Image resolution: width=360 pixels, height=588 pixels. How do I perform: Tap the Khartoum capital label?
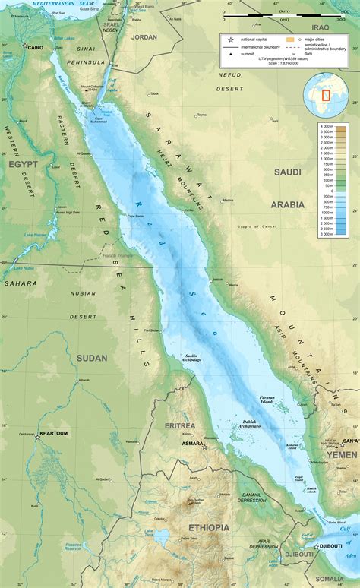pyautogui.click(x=54, y=433)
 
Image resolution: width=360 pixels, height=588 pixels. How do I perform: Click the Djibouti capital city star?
pyautogui.click(x=317, y=545)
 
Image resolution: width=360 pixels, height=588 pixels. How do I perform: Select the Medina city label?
pyautogui.click(x=227, y=201)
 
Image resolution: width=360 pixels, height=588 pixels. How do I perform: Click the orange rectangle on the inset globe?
pyautogui.click(x=325, y=96)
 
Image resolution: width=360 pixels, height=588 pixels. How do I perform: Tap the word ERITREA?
pyautogui.click(x=180, y=425)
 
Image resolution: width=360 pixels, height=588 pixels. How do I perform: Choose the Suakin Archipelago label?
pyautogui.click(x=193, y=358)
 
